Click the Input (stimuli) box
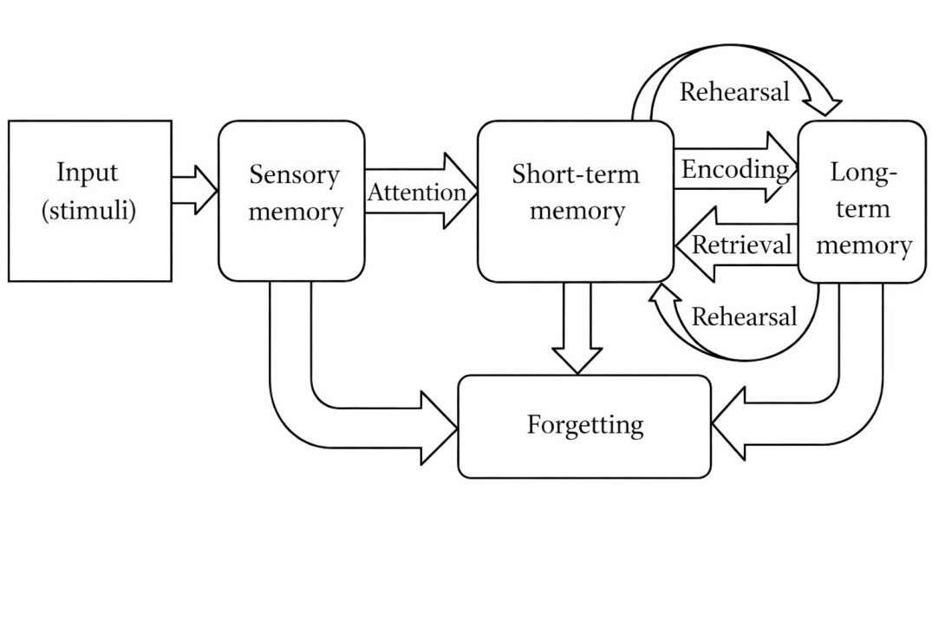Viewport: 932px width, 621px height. click(x=89, y=200)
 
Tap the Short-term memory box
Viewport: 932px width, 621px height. click(x=575, y=200)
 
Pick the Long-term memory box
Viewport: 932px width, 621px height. click(x=862, y=201)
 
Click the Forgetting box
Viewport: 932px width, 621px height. click(x=584, y=426)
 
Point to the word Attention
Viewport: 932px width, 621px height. click(x=416, y=193)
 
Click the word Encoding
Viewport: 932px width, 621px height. click(x=735, y=170)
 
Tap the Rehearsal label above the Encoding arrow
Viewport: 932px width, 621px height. click(x=733, y=92)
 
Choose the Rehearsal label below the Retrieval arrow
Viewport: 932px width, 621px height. click(x=743, y=316)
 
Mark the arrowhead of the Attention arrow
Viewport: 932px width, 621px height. click(x=460, y=192)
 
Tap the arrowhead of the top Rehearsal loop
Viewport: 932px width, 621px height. click(x=827, y=106)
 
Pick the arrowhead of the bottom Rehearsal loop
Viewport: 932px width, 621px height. click(x=666, y=297)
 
